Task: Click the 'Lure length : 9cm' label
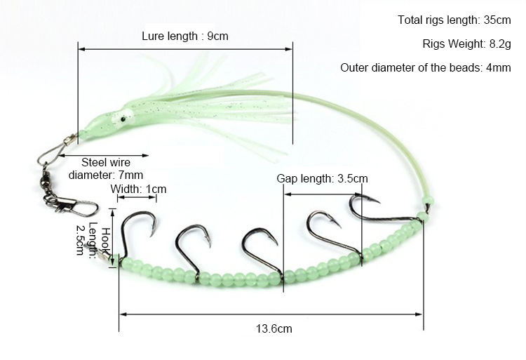pyautogui.click(x=185, y=35)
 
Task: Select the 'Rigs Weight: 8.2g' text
pyautogui.click(x=467, y=44)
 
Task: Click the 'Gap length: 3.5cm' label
pyautogui.click(x=322, y=179)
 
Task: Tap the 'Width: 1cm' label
pyautogui.click(x=137, y=189)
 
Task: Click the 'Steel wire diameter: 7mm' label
pyautogui.click(x=106, y=168)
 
